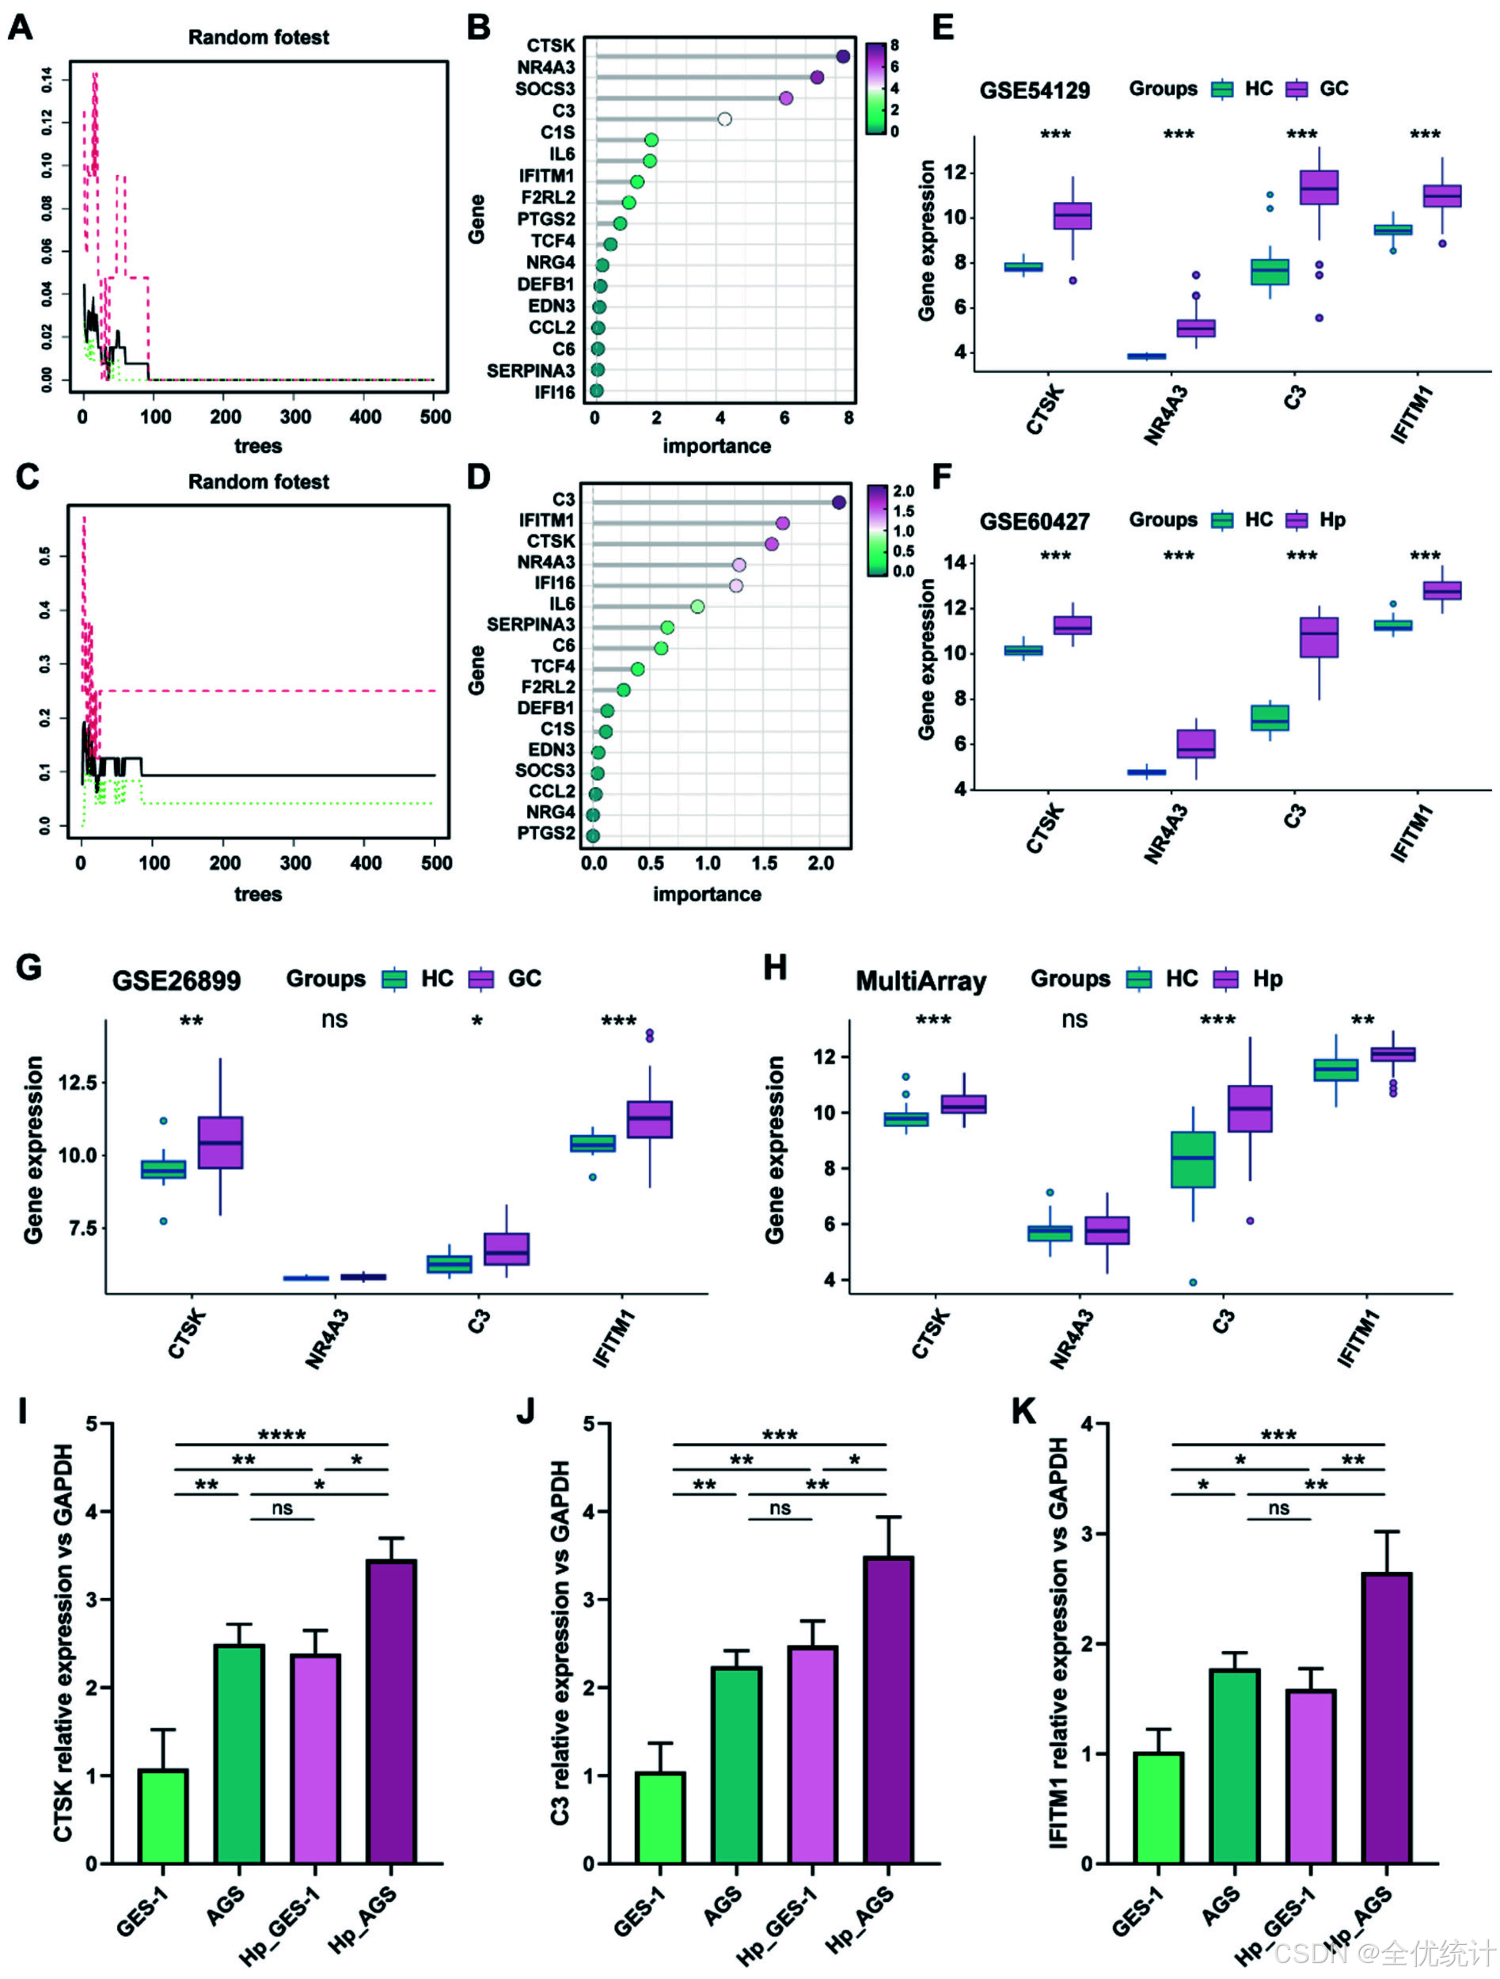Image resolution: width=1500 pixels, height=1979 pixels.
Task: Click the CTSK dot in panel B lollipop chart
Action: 842,56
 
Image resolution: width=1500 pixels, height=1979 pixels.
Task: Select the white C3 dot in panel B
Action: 724,119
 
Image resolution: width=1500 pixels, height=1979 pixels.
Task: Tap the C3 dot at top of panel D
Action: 839,503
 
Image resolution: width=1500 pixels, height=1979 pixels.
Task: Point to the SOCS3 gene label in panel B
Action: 545,89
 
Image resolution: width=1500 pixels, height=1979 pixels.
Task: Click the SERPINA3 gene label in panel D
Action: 530,625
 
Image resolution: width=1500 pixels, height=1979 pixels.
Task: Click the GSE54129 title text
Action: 1034,90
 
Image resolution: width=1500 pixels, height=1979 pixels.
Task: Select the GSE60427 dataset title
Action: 1034,522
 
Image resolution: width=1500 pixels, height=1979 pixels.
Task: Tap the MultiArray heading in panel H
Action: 921,981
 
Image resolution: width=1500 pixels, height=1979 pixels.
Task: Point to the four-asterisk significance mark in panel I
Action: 282,1435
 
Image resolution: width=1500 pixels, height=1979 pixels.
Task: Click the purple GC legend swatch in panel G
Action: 481,979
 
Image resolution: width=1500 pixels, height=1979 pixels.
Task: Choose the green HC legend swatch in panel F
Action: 1222,521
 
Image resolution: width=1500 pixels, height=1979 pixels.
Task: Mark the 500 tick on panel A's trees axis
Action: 435,417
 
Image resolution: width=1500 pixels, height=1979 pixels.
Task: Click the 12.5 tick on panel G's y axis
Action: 77,1083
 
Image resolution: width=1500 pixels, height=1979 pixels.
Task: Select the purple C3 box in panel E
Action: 1319,188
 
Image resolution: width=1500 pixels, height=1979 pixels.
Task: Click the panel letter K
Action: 1023,1411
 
